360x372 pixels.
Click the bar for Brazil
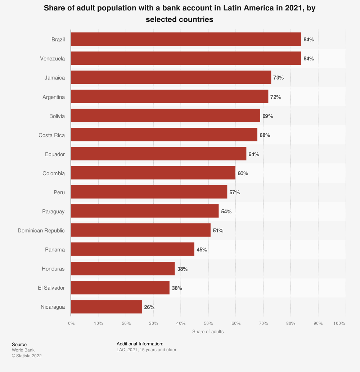point(186,39)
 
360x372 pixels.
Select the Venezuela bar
point(186,58)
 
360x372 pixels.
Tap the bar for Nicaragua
point(107,307)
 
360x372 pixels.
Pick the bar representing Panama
point(132,249)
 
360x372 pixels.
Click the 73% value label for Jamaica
point(279,78)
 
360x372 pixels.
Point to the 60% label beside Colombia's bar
point(243,173)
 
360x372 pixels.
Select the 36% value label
point(177,288)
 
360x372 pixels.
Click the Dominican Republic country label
point(41,231)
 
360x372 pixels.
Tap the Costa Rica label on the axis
point(51,135)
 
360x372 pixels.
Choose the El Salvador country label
point(51,288)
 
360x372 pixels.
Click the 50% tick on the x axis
point(208,323)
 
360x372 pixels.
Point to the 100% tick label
point(339,323)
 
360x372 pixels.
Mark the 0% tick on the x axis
point(71,323)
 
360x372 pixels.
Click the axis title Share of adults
point(208,331)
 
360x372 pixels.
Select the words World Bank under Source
point(23,350)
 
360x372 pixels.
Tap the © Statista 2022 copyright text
point(27,356)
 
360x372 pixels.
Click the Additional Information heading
point(140,344)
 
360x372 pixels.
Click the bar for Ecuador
point(158,154)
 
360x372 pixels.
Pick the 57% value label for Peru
point(234,192)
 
